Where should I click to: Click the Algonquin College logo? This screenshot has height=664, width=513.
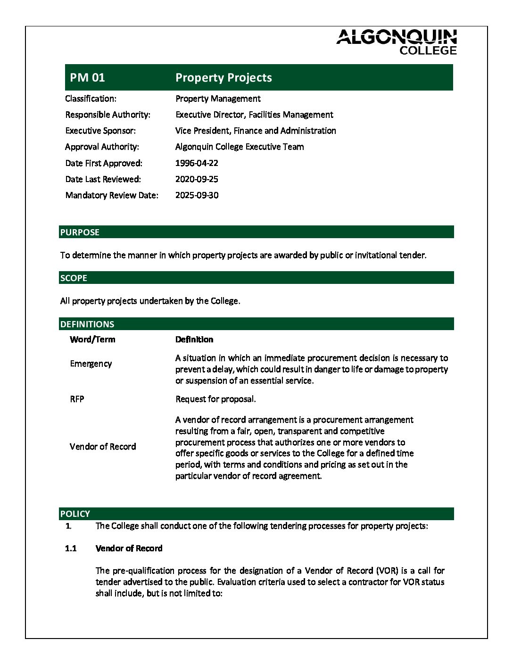pyautogui.click(x=397, y=42)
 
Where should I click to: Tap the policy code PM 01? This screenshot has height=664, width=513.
pyautogui.click(x=87, y=77)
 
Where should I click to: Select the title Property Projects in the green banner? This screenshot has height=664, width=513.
pyautogui.click(x=223, y=77)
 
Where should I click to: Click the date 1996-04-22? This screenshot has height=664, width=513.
pyautogui.click(x=197, y=163)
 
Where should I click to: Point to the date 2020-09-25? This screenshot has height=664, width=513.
pyautogui.click(x=197, y=179)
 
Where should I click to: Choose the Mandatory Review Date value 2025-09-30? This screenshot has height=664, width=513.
pyautogui.click(x=197, y=195)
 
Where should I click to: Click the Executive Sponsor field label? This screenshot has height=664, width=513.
pyautogui.click(x=100, y=131)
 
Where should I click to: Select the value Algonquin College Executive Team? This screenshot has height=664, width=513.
pyautogui.click(x=240, y=147)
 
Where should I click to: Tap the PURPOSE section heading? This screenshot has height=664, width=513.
pyautogui.click(x=80, y=232)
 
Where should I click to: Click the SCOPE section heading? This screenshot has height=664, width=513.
pyautogui.click(x=74, y=278)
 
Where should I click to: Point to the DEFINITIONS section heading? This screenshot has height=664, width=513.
pyautogui.click(x=87, y=324)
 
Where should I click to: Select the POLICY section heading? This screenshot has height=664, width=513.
pyautogui.click(x=75, y=514)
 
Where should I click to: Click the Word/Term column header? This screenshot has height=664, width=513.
pyautogui.click(x=92, y=340)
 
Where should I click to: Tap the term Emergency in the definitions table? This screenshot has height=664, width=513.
pyautogui.click(x=91, y=364)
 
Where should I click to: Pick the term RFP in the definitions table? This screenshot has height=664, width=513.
pyautogui.click(x=77, y=399)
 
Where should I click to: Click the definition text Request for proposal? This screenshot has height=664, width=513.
pyautogui.click(x=215, y=399)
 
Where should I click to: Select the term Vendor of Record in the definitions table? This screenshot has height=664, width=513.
pyautogui.click(x=103, y=447)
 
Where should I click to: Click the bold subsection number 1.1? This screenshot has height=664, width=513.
pyautogui.click(x=71, y=548)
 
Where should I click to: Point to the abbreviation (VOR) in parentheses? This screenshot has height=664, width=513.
pyautogui.click(x=387, y=571)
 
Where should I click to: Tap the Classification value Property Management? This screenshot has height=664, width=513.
pyautogui.click(x=218, y=99)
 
